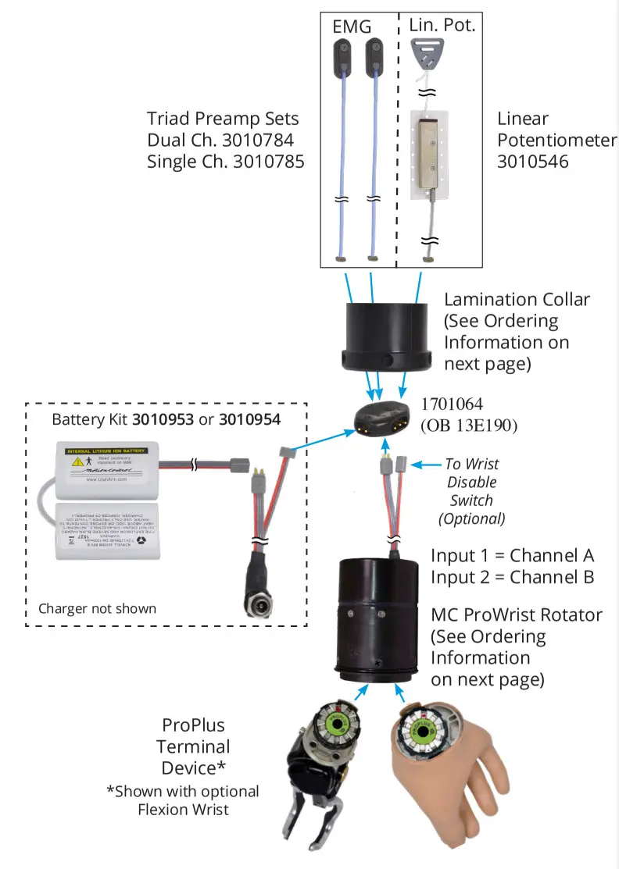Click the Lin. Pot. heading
pyautogui.click(x=442, y=24)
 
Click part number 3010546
pyautogui.click(x=532, y=162)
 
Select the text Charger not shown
pyautogui.click(x=97, y=608)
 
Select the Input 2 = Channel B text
pyautogui.click(x=512, y=577)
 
